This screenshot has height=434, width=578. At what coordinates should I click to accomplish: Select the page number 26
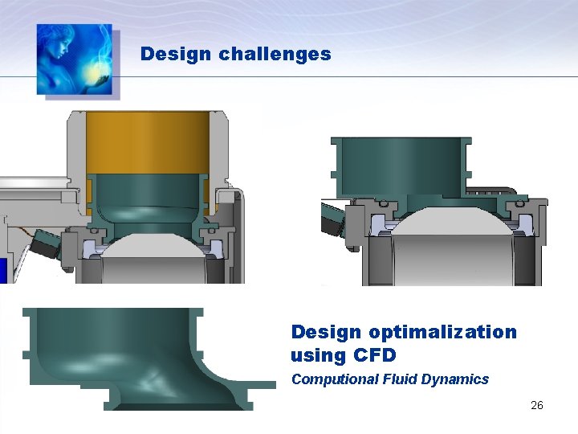537,405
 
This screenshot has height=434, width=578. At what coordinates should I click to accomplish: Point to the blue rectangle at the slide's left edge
3,270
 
